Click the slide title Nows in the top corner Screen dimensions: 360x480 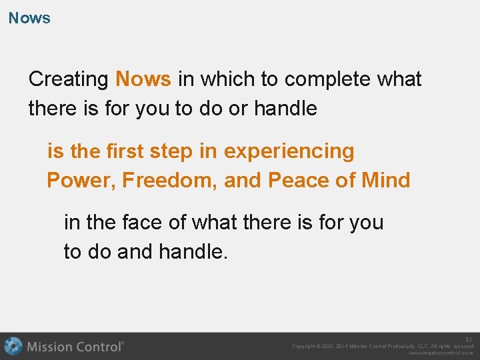[x=29, y=18]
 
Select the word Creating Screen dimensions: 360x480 [x=69, y=79]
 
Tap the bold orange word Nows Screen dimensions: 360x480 [x=143, y=79]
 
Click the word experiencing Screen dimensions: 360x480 [x=289, y=151]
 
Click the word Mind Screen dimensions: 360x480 [x=385, y=181]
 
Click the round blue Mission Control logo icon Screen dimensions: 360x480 [x=13, y=347]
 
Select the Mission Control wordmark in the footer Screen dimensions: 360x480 [x=75, y=347]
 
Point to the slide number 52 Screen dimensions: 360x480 [x=469, y=339]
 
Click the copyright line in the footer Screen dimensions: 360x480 [x=383, y=346]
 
